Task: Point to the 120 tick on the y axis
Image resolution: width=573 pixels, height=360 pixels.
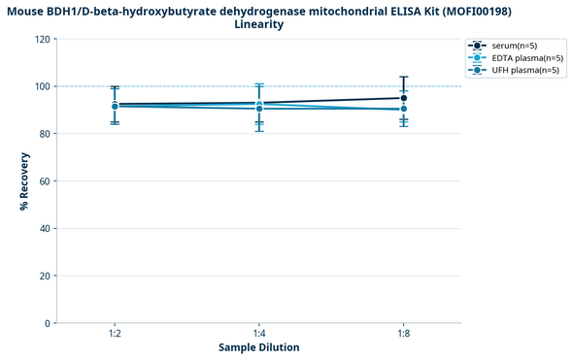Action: coord(43,39)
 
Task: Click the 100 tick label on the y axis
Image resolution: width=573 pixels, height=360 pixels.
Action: coord(43,86)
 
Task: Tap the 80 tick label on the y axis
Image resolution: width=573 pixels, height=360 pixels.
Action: coord(45,134)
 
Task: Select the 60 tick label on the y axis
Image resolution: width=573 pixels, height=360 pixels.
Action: coord(45,181)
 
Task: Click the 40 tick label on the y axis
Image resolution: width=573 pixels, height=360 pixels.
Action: coord(45,229)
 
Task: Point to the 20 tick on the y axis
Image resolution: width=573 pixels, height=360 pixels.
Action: coord(45,276)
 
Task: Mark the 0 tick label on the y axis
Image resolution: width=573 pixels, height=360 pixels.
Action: coord(48,323)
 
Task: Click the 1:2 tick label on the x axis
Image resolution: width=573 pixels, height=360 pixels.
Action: coord(115,333)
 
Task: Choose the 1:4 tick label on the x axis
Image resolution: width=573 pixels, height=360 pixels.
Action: coord(258,333)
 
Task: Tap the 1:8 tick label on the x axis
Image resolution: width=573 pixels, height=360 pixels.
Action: coord(403,333)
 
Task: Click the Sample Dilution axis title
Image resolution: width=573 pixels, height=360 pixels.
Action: coord(258,347)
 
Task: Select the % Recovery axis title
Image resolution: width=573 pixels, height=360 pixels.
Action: coord(23,181)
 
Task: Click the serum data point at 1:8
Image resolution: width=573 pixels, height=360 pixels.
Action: coord(403,98)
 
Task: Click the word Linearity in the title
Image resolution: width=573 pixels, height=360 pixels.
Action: coord(259,24)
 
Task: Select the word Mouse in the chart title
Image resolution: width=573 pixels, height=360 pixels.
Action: coord(29,11)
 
